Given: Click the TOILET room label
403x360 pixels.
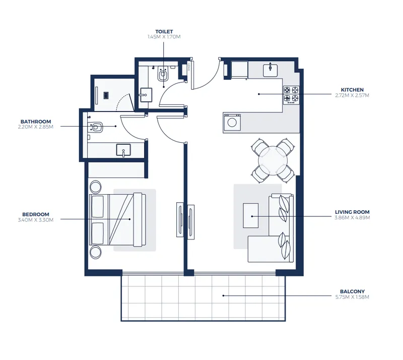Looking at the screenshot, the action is click(164, 32).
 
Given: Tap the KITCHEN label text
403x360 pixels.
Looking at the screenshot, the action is click(352, 90).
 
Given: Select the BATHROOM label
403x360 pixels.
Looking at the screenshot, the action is click(36, 122).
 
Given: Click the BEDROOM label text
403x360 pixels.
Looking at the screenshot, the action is click(36, 214).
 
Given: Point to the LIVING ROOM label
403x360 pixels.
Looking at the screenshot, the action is click(352, 212).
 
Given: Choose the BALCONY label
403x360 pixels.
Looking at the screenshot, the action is click(352, 291).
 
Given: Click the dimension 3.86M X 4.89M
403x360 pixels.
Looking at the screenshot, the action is click(352, 218).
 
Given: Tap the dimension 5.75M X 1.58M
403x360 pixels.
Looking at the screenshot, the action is click(352, 297).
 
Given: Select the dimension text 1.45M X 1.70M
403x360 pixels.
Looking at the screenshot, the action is click(164, 37).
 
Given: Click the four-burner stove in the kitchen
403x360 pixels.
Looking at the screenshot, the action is click(291, 95).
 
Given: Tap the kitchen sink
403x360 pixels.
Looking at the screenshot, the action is click(270, 71).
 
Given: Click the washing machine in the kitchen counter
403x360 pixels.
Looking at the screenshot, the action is click(232, 123).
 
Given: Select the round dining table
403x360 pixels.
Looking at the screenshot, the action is click(273, 161).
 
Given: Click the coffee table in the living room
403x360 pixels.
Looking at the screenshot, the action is click(251, 216).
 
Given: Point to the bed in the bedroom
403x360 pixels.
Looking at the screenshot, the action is click(117, 219).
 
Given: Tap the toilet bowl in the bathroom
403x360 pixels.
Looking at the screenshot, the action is click(96, 127).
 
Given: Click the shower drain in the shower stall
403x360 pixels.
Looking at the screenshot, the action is click(106, 95).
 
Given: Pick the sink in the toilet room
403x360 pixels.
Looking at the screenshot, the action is click(146, 95).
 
